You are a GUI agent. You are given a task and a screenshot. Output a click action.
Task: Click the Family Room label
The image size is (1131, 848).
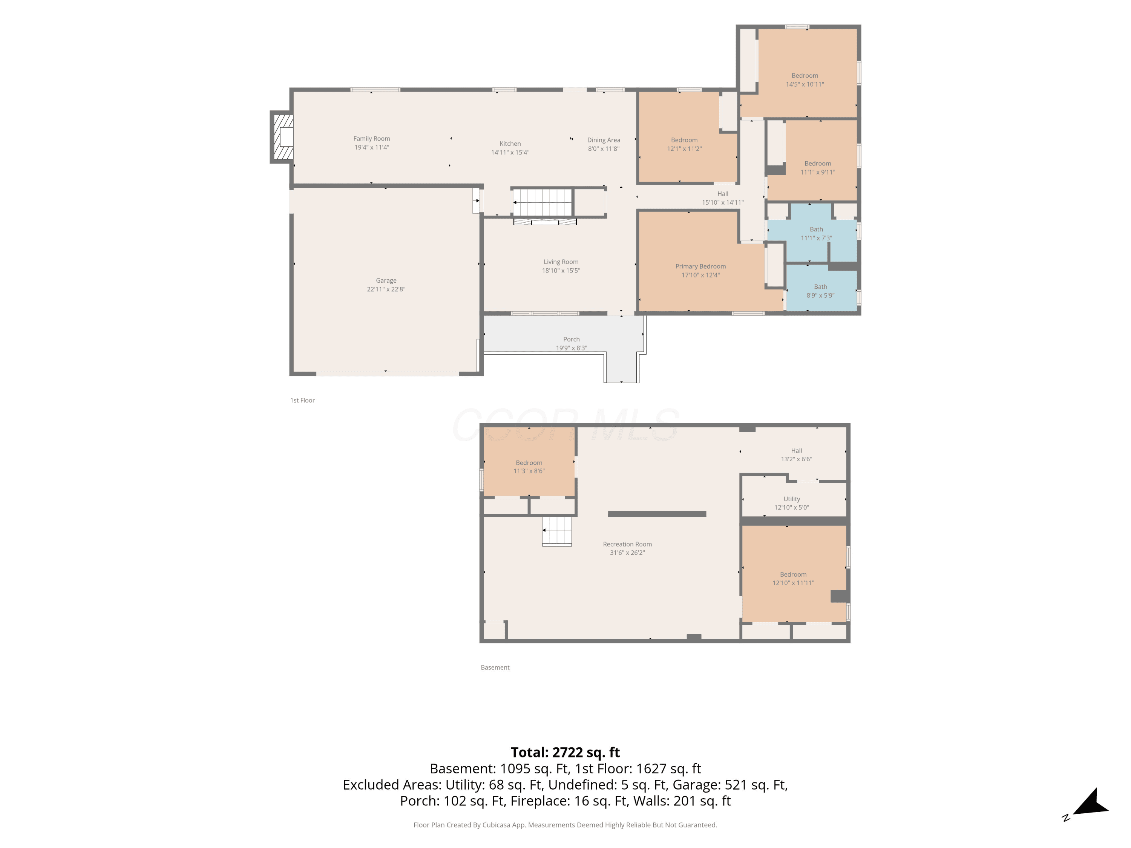(x=372, y=139)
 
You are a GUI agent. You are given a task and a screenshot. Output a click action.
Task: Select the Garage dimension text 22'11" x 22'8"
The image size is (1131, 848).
(x=386, y=289)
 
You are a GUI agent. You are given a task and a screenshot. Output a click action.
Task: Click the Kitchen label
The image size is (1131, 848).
(x=510, y=144)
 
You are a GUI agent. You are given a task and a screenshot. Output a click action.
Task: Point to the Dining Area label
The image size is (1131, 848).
(x=604, y=140)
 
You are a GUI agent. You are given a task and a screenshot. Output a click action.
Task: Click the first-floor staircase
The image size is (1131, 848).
(x=542, y=202)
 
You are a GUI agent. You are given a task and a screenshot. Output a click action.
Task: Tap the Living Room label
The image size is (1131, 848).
(x=561, y=262)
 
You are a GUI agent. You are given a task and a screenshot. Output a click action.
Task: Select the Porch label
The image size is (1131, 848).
(x=572, y=340)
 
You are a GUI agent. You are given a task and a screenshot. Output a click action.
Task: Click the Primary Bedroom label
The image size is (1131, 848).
(x=700, y=266)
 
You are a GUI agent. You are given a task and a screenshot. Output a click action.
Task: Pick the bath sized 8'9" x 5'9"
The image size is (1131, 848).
(x=821, y=290)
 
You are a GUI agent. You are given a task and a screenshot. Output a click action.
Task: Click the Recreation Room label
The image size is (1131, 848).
(x=627, y=544)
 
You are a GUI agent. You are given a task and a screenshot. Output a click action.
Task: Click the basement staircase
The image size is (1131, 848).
(x=557, y=531)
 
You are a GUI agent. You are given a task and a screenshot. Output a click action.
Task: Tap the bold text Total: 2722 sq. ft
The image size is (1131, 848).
(x=565, y=752)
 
